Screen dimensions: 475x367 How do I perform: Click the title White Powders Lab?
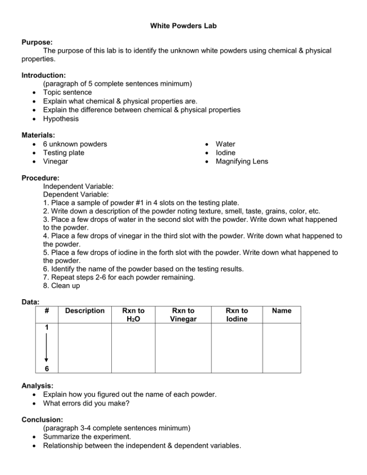pos(183,26)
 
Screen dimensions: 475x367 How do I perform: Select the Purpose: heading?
pos(39,42)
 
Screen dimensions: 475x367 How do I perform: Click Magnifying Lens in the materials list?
pos(242,162)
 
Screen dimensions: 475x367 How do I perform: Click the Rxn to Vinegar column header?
pos(183,315)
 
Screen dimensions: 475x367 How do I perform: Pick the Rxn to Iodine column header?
pos(237,315)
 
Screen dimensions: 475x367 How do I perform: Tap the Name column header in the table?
pos(281,311)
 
